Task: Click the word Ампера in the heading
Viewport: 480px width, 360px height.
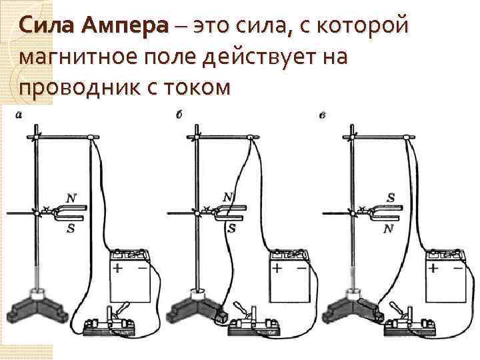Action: point(125,26)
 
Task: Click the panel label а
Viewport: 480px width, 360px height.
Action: point(19,115)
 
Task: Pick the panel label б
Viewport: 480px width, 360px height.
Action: point(179,115)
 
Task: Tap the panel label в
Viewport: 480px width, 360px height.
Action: point(322,115)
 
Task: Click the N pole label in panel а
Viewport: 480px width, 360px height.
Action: point(71,199)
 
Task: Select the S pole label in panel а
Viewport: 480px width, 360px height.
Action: point(71,228)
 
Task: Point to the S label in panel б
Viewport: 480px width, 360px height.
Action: point(232,228)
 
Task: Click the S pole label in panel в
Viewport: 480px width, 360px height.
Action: point(390,198)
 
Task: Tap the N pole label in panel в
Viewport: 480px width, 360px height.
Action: point(389,229)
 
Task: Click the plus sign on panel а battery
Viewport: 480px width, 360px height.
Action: point(117,269)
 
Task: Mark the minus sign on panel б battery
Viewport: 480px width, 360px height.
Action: point(301,269)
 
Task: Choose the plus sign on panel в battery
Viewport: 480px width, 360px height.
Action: point(433,269)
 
